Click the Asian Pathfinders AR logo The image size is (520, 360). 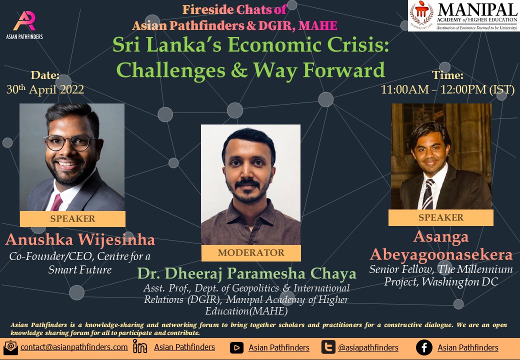click(x=24, y=21)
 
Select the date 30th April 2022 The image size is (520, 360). click(x=45, y=89)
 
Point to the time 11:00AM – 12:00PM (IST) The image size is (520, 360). click(x=447, y=89)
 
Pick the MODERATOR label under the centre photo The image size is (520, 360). click(x=251, y=252)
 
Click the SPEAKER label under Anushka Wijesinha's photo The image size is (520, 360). click(x=72, y=219)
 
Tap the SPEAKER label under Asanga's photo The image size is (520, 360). click(x=440, y=217)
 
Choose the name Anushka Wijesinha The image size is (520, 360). click(x=80, y=239)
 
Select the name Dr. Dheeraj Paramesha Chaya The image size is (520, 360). click(x=246, y=273)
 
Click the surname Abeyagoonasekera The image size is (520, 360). click(x=441, y=254)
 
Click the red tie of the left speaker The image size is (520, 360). click(x=56, y=202)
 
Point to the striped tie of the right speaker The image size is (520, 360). click(x=427, y=194)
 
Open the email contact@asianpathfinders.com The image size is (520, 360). click(x=74, y=347)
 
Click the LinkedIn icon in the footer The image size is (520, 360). click(x=140, y=346)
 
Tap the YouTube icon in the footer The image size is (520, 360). click(x=236, y=347)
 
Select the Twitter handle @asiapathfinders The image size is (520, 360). click(x=368, y=347)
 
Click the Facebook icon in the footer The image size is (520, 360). click(x=424, y=347)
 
